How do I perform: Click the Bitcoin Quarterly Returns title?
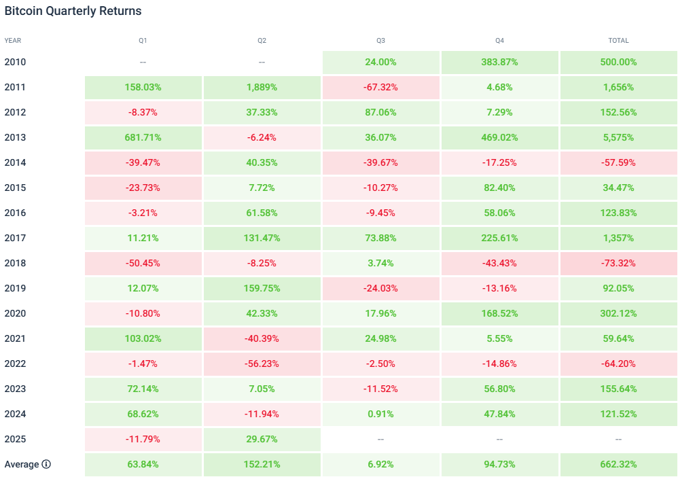point(73,12)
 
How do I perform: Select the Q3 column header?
point(380,41)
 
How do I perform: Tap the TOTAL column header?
point(618,41)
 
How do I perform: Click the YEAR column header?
point(13,41)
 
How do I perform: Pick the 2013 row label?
point(15,137)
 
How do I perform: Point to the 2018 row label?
point(15,263)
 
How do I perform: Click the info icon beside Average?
point(46,464)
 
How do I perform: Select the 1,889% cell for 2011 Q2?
point(262,87)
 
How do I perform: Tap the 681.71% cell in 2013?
point(143,137)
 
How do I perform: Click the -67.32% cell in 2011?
point(380,87)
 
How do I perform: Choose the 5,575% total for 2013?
point(618,137)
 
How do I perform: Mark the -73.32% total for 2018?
point(618,263)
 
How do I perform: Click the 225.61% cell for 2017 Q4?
point(499,238)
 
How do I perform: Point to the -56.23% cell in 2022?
point(262,364)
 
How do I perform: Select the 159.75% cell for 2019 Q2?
point(262,288)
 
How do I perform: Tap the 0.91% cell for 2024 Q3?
point(380,414)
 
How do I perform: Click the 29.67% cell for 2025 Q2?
point(262,439)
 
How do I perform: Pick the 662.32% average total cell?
point(618,464)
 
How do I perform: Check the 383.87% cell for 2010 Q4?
point(499,62)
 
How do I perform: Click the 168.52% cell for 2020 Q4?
point(499,313)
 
